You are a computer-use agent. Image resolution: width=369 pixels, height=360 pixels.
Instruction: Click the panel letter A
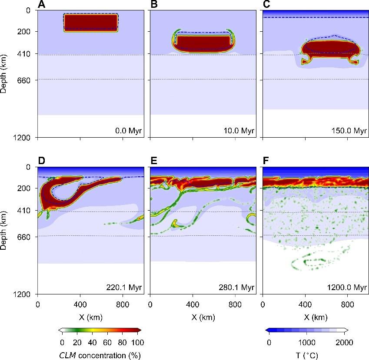pos(41,5)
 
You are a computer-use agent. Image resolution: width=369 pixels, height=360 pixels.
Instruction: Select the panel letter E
pos(154,162)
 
